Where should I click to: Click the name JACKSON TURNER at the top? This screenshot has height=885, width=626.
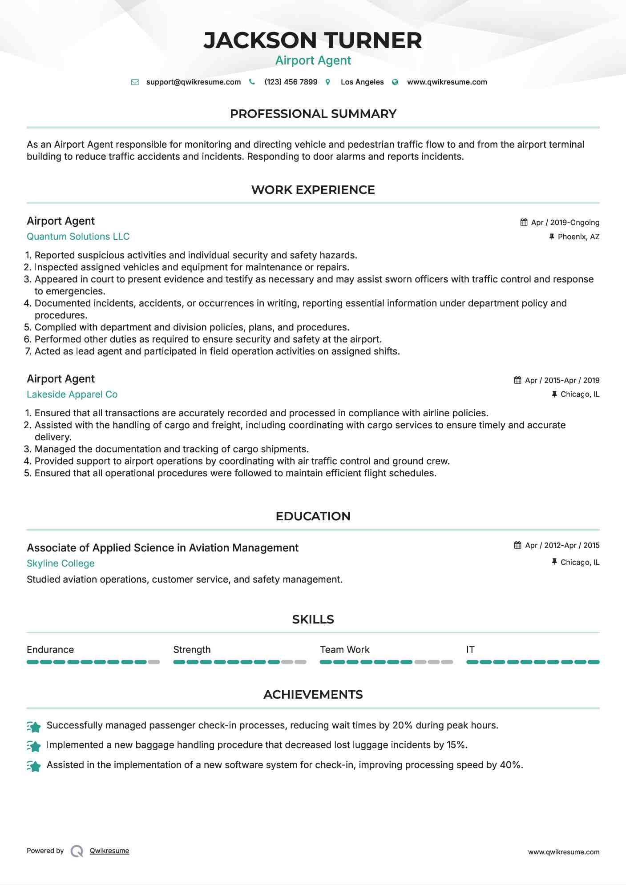coord(313,40)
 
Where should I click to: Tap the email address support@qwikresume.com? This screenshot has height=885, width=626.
coord(193,82)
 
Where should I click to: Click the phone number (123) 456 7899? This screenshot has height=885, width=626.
coord(291,82)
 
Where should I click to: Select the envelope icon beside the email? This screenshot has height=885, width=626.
coord(135,82)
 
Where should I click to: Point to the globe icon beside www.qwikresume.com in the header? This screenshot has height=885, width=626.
coord(395,82)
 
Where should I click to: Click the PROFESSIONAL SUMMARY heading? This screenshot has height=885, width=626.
coord(313,114)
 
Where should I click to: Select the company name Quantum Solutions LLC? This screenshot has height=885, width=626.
coord(78,237)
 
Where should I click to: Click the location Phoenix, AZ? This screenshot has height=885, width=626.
coord(578,237)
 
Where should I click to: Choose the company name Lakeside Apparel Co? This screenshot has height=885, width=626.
coord(72,394)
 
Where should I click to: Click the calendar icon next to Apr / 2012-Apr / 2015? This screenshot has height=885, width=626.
coord(517,545)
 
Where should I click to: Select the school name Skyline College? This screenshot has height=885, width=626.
coord(61,563)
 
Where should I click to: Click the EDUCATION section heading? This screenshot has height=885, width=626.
coord(313,516)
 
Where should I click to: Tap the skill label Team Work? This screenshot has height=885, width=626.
coord(344,650)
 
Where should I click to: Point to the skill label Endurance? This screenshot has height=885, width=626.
coord(50,650)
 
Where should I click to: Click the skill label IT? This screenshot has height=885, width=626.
coord(470,650)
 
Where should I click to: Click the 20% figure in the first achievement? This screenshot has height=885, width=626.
coord(402,725)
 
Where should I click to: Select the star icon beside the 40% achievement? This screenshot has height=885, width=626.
coord(34,766)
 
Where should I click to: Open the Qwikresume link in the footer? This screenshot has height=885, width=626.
coord(109,851)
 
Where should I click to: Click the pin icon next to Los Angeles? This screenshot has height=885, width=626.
coord(328,82)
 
